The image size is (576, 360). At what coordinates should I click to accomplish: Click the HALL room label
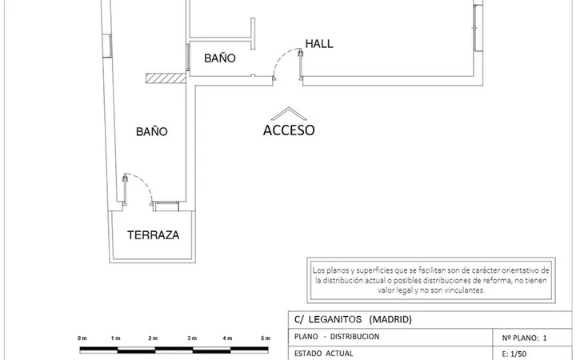[319, 44]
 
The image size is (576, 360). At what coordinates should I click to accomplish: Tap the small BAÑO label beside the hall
[220, 58]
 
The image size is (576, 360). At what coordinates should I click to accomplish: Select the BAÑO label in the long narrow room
[152, 131]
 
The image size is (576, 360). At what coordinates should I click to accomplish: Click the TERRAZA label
[153, 235]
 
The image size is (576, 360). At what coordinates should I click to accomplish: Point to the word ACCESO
[289, 130]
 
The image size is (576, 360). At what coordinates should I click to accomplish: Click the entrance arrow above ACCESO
[289, 114]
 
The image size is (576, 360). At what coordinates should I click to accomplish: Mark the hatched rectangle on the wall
[166, 78]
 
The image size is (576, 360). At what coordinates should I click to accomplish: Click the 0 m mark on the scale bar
[82, 338]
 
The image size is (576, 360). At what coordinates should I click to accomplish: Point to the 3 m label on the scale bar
[192, 338]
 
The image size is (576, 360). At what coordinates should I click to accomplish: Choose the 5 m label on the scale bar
[266, 338]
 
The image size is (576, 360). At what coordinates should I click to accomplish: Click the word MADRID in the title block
[390, 319]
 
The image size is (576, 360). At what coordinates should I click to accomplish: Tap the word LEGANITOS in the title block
[335, 319]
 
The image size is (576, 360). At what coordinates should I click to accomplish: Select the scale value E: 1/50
[514, 354]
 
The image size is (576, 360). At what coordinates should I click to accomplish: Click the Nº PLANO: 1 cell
[524, 338]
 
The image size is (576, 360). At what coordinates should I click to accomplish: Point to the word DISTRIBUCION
[354, 337]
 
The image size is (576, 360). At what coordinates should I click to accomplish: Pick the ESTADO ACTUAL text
[324, 354]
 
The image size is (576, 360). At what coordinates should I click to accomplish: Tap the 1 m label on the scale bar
[116, 338]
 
